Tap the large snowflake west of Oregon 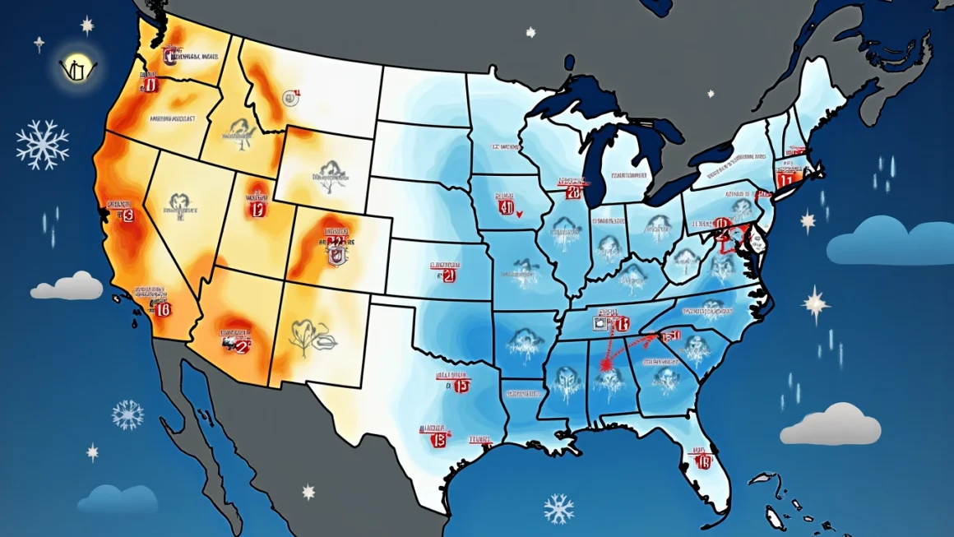pos(42,144)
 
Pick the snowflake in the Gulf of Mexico pos(558,508)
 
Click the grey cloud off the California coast pos(67,286)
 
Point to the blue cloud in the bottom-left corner pos(118,498)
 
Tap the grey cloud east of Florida pos(830,425)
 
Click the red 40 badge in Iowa pos(506,207)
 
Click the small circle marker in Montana pos(289,99)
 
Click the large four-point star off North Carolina pos(816,303)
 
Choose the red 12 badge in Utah pos(257,209)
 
